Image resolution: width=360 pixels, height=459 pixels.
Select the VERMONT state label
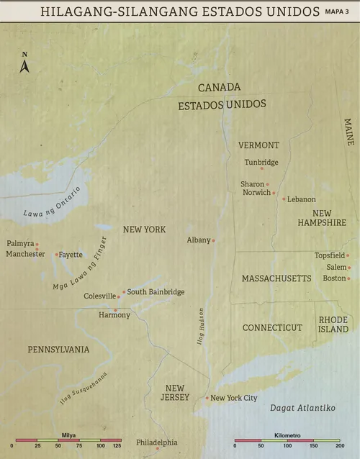point(258,145)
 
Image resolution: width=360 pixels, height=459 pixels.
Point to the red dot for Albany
point(214,240)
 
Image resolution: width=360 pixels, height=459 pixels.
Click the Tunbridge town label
point(261,162)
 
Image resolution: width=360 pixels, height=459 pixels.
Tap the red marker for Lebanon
point(284,199)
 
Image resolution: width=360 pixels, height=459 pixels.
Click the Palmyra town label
point(19,243)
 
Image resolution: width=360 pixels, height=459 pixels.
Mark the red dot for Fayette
point(56,254)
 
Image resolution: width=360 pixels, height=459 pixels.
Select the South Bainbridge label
point(156,291)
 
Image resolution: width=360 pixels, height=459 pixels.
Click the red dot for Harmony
point(115,310)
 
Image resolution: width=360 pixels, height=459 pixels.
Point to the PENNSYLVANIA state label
point(58,350)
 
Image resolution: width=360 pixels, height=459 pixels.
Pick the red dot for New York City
point(207,398)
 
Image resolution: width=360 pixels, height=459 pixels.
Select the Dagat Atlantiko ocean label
point(302,408)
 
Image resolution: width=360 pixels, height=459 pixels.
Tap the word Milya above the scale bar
point(69,435)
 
